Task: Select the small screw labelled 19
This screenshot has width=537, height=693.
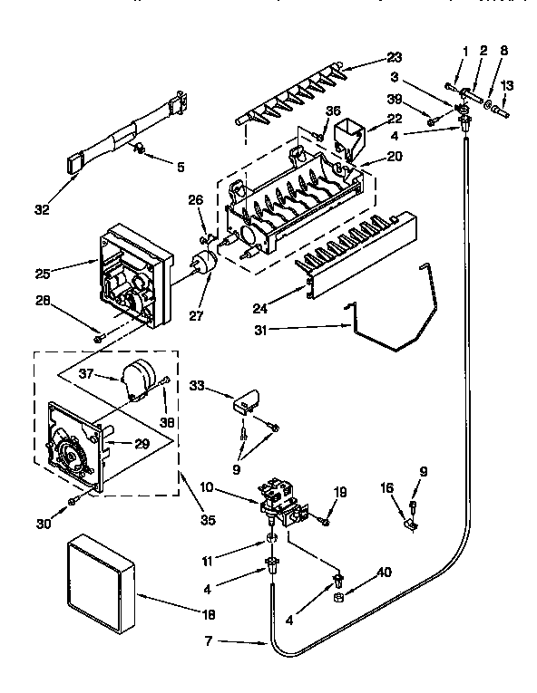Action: [326, 522]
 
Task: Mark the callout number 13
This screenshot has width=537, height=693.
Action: [507, 85]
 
